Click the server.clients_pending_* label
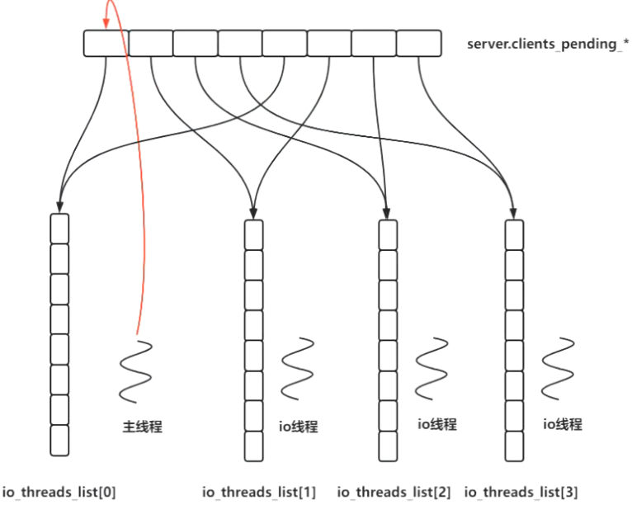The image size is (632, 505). point(542,44)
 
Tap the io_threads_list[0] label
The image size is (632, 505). point(59,493)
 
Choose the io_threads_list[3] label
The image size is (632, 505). point(521,493)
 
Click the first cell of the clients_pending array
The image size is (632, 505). point(106,44)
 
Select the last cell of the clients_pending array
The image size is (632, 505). point(418,44)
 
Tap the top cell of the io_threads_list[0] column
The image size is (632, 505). point(59,228)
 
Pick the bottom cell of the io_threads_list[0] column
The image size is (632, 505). point(59,439)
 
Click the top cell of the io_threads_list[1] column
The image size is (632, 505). point(254,234)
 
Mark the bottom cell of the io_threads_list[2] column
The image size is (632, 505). point(388,446)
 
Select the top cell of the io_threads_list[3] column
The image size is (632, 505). point(514,234)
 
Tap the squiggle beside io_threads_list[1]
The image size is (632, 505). point(297,370)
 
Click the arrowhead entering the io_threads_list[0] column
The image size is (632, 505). point(59,205)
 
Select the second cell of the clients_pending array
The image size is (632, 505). point(150,44)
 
